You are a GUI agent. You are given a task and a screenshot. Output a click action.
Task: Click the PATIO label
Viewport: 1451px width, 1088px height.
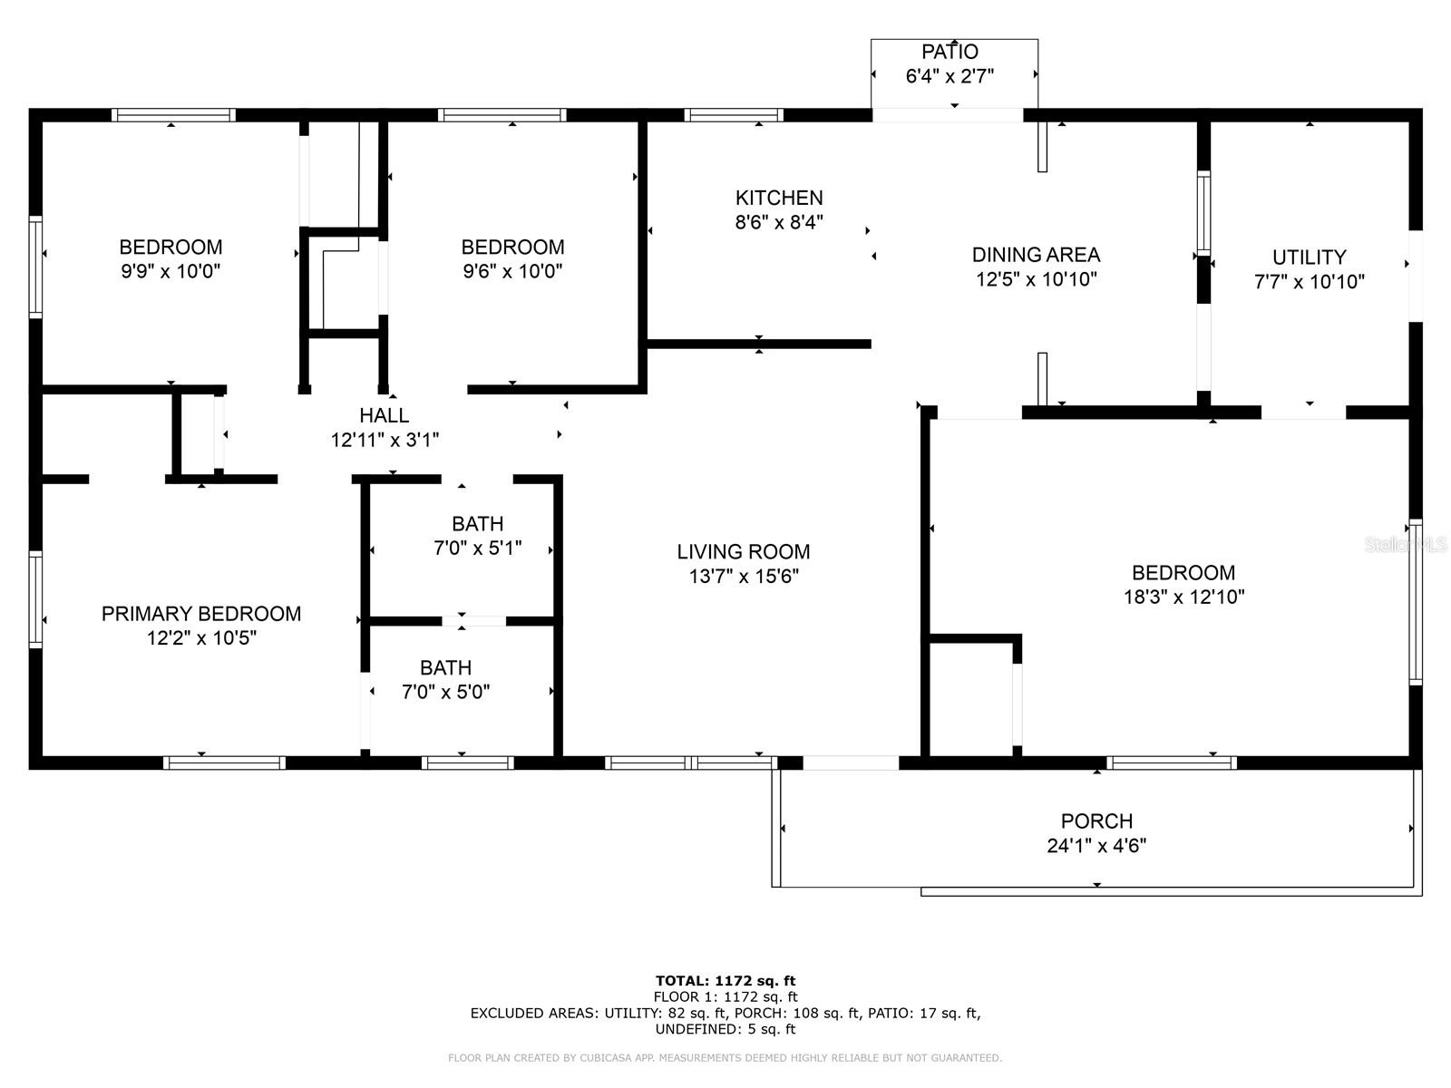click(x=949, y=52)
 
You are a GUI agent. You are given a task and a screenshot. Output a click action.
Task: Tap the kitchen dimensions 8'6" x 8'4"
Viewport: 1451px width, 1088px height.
click(x=779, y=222)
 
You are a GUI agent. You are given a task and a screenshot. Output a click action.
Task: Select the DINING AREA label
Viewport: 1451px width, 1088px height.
click(x=1036, y=255)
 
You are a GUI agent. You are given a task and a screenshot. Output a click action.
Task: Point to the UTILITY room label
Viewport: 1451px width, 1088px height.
click(x=1309, y=257)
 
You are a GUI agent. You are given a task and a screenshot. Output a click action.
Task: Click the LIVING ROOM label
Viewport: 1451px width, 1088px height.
click(x=743, y=551)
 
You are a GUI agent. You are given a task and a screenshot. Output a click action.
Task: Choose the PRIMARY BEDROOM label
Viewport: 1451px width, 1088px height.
click(x=201, y=614)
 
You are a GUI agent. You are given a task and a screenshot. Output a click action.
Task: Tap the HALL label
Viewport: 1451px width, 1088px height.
click(x=385, y=415)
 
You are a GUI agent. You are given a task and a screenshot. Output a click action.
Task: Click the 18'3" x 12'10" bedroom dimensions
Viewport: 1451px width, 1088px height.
click(x=1184, y=597)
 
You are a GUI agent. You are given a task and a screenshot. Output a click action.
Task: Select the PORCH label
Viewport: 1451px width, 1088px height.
click(x=1096, y=821)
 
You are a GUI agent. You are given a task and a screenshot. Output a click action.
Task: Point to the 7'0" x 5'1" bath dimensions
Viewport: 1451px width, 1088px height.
click(x=477, y=549)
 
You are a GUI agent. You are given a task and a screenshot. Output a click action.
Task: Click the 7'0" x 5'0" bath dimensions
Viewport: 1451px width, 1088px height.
click(x=445, y=692)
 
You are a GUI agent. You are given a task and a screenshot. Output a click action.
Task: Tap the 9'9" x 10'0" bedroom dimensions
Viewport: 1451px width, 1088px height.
click(x=170, y=271)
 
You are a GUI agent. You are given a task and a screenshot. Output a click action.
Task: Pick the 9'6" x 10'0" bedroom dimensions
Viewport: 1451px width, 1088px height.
click(x=512, y=271)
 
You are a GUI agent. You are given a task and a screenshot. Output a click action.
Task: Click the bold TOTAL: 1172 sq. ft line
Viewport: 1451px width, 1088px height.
click(x=725, y=981)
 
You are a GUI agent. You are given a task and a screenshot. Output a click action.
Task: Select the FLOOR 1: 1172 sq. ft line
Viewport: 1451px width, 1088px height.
click(x=725, y=996)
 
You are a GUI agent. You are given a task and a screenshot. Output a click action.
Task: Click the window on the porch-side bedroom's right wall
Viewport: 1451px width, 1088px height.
click(x=1416, y=602)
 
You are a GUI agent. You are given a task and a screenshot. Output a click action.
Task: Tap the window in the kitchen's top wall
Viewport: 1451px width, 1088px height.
click(x=733, y=115)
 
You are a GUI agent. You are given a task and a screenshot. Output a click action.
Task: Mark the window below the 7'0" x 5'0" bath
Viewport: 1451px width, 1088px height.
click(x=467, y=763)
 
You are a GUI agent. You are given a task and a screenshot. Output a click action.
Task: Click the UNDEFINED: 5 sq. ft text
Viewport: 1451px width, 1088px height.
click(x=725, y=1029)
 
